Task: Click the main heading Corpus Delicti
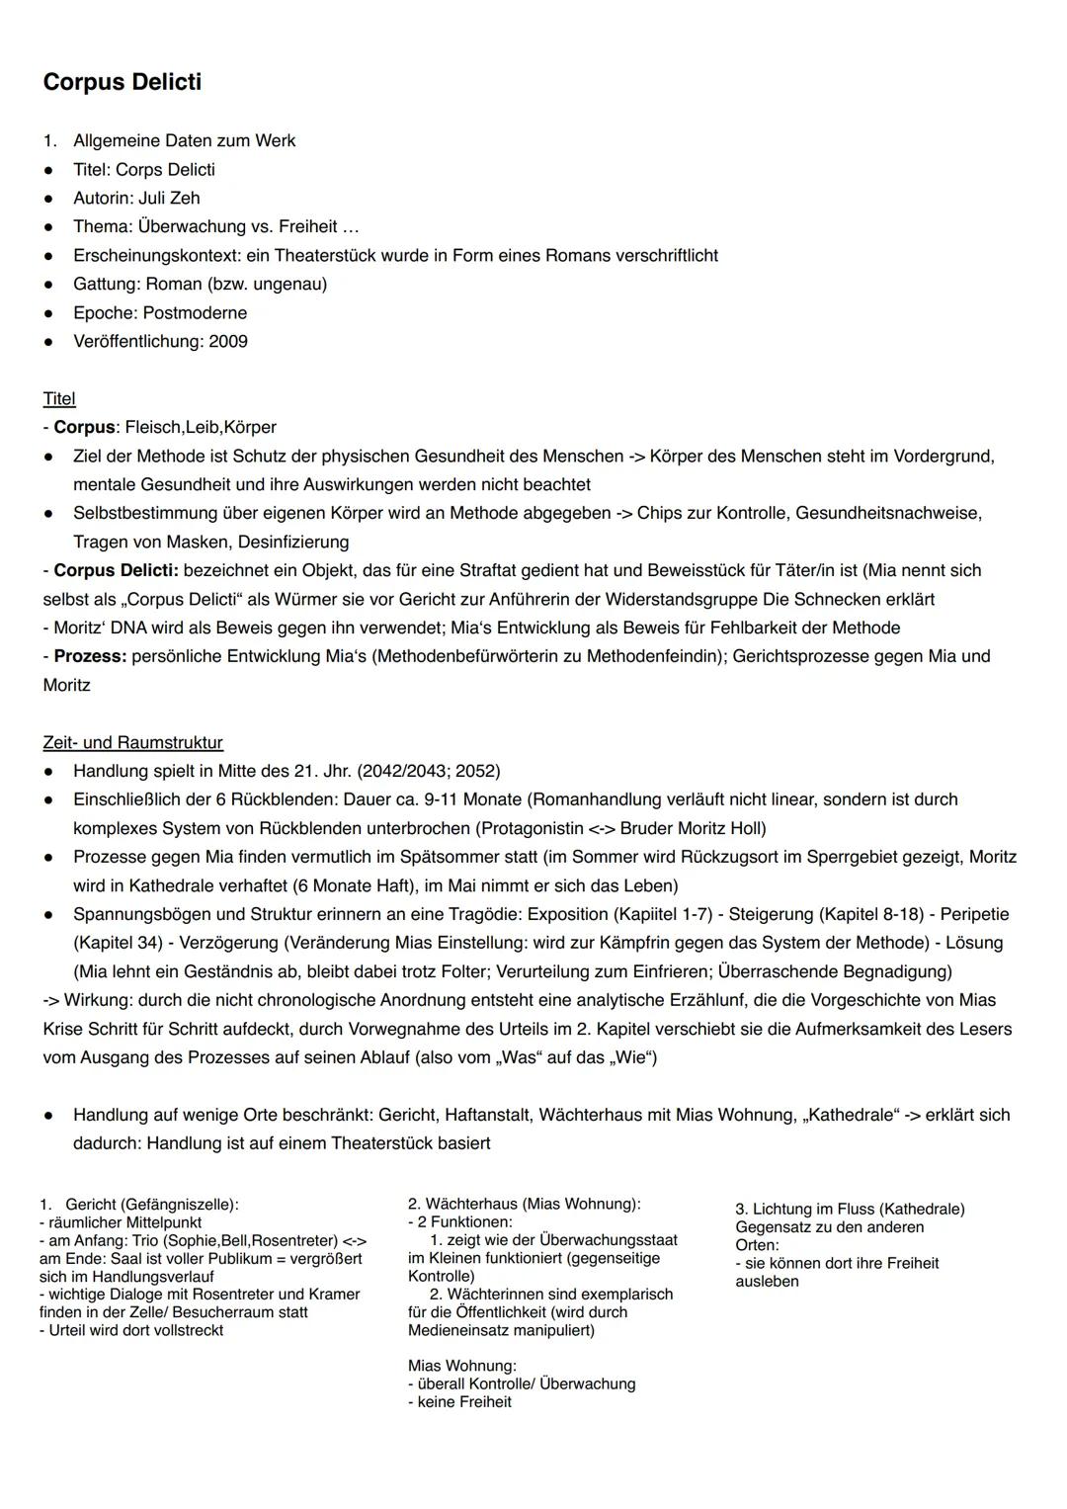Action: click(122, 82)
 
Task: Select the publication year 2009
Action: click(228, 341)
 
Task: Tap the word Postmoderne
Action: click(196, 312)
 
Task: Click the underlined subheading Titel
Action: click(59, 398)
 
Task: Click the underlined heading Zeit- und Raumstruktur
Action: click(132, 742)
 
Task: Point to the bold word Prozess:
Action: click(90, 656)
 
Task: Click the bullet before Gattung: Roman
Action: click(48, 285)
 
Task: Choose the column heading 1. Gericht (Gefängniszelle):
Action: click(139, 1205)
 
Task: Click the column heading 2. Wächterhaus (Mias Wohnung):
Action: click(524, 1204)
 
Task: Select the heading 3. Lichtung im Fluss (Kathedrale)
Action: click(850, 1209)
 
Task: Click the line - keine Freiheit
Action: click(459, 1401)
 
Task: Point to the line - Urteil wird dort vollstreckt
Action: click(131, 1330)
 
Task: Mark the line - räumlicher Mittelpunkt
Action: click(121, 1222)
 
